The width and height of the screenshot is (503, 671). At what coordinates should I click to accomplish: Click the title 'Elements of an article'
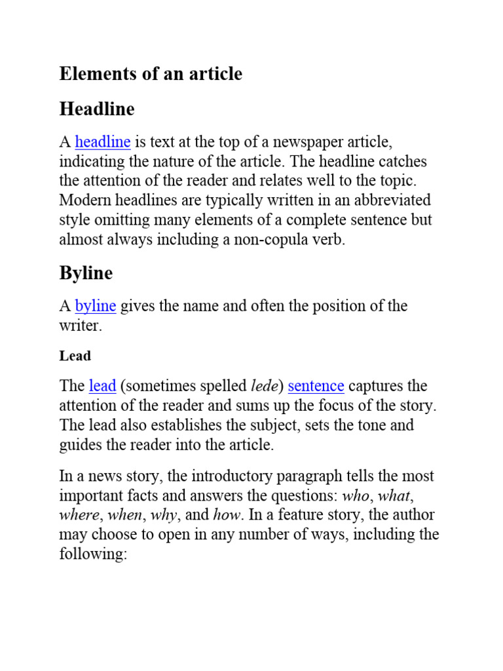(151, 74)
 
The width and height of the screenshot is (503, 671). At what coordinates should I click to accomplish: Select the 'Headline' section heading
(97, 109)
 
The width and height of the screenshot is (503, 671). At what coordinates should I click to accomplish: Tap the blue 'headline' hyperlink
(103, 142)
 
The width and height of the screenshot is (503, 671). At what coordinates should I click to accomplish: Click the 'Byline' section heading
(86, 273)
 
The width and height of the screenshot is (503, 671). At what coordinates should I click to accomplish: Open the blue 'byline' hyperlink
(96, 306)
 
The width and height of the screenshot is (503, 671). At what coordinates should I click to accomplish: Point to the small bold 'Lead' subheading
(75, 356)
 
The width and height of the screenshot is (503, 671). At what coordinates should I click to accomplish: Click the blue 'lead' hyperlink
(102, 386)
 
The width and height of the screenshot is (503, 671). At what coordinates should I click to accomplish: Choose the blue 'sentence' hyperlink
(316, 386)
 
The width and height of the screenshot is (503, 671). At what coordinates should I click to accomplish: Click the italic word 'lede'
(265, 386)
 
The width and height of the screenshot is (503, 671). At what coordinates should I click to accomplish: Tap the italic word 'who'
(356, 495)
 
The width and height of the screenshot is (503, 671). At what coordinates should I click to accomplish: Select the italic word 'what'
(394, 495)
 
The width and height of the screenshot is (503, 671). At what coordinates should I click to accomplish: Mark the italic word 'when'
(124, 515)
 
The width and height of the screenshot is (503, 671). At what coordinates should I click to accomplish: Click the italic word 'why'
(163, 516)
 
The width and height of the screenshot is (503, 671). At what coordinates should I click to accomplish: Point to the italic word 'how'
(228, 515)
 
